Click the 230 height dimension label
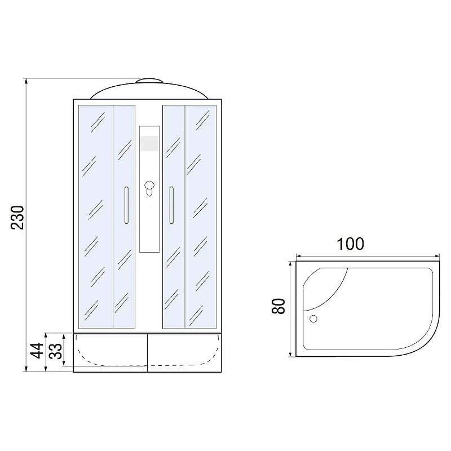pyautogui.click(x=17, y=218)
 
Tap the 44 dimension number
pyautogui.click(x=37, y=351)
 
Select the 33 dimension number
pyautogui.click(x=55, y=351)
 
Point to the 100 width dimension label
pyautogui.click(x=350, y=244)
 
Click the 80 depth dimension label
pyautogui.click(x=278, y=306)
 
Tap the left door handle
pyautogui.click(x=126, y=205)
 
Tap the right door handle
pyautogui.click(x=171, y=205)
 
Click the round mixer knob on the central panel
pyautogui.click(x=149, y=185)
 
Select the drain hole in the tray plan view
pyautogui.click(x=313, y=319)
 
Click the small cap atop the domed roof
pyautogui.click(x=149, y=81)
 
